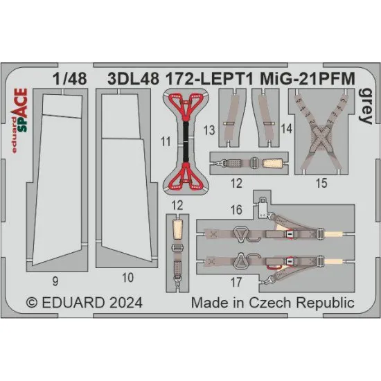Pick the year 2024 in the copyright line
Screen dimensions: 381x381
pyautogui.click(x=125, y=303)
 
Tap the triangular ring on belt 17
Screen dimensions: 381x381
pyautogui.click(x=241, y=261)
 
